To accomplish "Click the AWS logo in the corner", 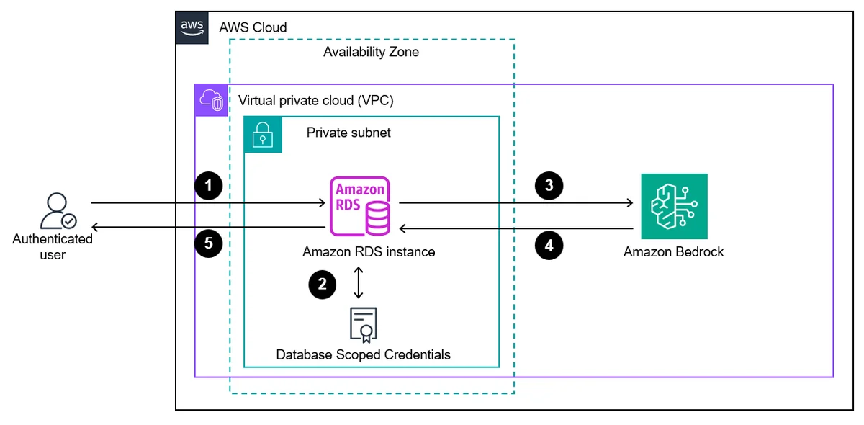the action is click(x=192, y=28).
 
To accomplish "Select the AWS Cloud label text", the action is click(x=253, y=28).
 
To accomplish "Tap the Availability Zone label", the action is click(x=371, y=52).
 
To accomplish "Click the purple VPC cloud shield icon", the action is click(x=212, y=100).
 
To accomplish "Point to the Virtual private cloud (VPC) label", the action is click(x=316, y=100).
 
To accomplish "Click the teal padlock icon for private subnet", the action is click(x=263, y=134).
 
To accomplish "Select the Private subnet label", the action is click(x=348, y=133).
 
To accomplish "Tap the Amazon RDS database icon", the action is click(x=360, y=206).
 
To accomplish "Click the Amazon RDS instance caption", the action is click(x=369, y=251).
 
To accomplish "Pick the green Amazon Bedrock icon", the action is click(x=674, y=206).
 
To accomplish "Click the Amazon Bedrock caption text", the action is click(x=673, y=251).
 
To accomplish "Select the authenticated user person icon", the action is click(x=58, y=211).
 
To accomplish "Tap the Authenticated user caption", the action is click(x=53, y=246).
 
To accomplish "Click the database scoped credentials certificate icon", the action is click(x=364, y=325).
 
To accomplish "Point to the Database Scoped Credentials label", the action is click(x=364, y=354).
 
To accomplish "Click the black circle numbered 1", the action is click(x=209, y=186).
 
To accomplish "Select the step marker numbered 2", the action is click(x=323, y=285).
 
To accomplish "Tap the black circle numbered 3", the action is click(x=549, y=186).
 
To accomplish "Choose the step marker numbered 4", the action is click(x=549, y=245).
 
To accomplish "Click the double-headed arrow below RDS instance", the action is click(x=359, y=282).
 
